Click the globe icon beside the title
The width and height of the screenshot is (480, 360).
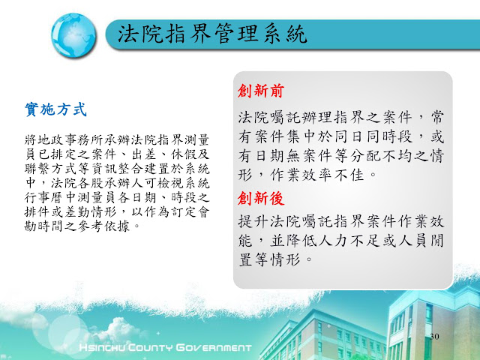pyautogui.click(x=73, y=35)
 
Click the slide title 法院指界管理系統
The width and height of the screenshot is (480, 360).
pyautogui.click(x=212, y=33)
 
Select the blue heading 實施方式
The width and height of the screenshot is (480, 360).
pyautogui.click(x=56, y=109)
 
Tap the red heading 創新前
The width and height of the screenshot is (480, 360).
pyautogui.click(x=261, y=91)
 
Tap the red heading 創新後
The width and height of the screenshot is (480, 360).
pyautogui.click(x=261, y=198)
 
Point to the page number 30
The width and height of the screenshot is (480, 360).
pyautogui.click(x=434, y=337)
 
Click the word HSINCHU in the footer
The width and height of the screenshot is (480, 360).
pyautogui.click(x=102, y=348)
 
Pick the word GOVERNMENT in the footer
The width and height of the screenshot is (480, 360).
pyautogui.click(x=214, y=348)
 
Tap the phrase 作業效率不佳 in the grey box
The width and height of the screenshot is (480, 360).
pyautogui.click(x=317, y=175)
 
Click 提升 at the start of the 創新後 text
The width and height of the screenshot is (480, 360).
pyautogui.click(x=253, y=221)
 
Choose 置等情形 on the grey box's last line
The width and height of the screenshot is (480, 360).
pyautogui.click(x=269, y=259)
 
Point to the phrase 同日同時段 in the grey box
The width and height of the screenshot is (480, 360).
pyautogui.click(x=373, y=136)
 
